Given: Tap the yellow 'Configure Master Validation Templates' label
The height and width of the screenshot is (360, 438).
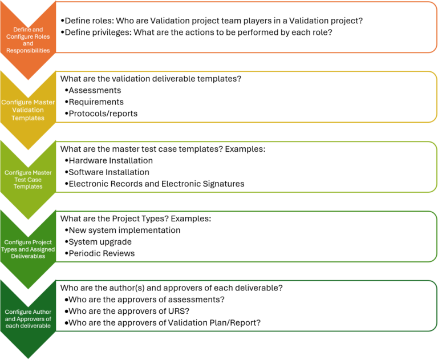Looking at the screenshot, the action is click(28, 110).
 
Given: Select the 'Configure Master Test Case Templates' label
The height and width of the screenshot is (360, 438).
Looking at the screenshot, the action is click(28, 179).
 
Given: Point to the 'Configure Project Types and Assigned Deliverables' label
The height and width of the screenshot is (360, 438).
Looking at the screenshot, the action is click(28, 249).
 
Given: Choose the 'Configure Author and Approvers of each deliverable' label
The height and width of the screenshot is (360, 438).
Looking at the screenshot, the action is click(28, 319).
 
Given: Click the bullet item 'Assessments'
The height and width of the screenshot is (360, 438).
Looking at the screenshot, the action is click(94, 90).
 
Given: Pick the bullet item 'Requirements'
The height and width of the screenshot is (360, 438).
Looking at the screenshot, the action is click(96, 102).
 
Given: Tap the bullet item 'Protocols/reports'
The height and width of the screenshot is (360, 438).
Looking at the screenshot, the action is click(103, 114).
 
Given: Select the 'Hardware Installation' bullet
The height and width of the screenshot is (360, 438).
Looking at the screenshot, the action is click(110, 160).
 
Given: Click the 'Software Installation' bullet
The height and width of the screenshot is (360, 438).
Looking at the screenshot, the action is click(108, 172).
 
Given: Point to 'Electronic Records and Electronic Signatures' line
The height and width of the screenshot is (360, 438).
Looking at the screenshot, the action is click(156, 184).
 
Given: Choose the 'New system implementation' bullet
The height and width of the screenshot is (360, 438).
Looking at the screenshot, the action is click(124, 230).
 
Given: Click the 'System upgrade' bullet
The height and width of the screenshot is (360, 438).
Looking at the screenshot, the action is click(100, 241).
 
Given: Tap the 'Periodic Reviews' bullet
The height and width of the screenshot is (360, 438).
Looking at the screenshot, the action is click(102, 253).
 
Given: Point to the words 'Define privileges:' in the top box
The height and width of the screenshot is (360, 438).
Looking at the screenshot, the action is click(97, 33).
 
